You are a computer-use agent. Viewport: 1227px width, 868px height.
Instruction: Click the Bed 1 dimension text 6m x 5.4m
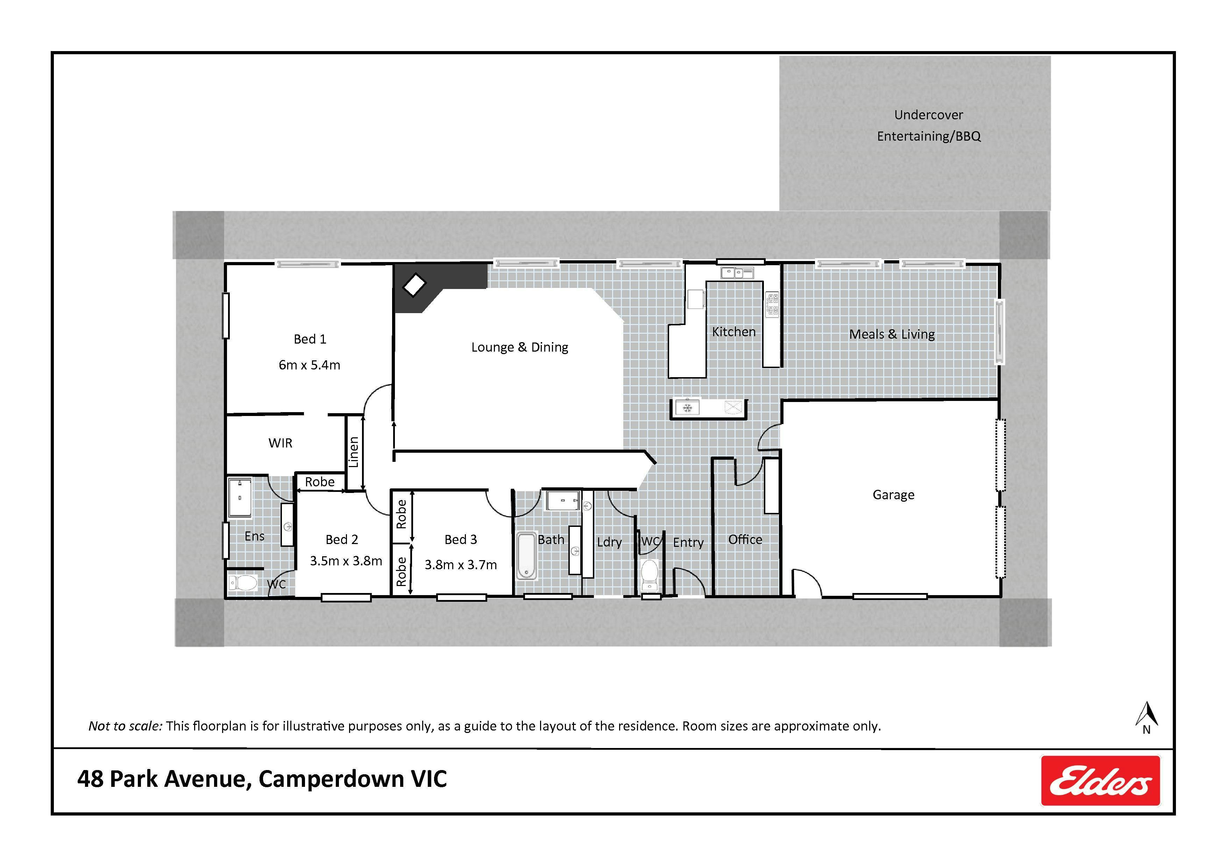310,365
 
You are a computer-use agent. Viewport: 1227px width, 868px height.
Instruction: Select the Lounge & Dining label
519,347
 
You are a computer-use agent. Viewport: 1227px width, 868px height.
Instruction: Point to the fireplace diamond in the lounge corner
414,285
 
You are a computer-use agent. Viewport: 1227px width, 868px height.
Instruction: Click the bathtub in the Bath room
526,555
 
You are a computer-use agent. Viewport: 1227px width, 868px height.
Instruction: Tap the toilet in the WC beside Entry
649,572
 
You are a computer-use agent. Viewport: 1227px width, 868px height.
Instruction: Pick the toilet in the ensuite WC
243,582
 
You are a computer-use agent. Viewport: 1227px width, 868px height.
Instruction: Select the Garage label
894,495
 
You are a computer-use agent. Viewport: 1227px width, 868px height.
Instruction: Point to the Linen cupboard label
353,452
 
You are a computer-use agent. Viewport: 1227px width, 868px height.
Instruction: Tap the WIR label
281,443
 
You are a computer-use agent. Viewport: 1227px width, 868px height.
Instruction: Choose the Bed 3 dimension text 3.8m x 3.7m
461,565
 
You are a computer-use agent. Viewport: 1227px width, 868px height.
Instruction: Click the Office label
745,540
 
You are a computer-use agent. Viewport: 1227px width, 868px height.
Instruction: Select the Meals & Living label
892,334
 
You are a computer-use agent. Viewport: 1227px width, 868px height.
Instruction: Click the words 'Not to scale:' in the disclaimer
125,726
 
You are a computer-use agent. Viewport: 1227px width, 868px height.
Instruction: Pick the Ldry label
609,543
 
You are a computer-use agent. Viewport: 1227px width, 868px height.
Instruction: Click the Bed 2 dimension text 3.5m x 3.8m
346,561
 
